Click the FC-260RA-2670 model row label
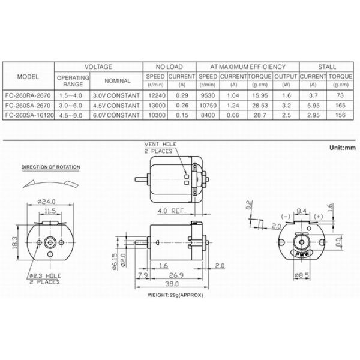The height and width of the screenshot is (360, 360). pos(28,95)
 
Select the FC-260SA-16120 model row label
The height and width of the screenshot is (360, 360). pos(29,115)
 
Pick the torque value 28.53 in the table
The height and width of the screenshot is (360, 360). pos(260,105)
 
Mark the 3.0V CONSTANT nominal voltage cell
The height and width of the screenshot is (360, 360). pos(116,95)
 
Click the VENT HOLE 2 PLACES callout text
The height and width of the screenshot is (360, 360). pos(160,147)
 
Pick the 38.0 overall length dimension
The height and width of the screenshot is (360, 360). pos(172,284)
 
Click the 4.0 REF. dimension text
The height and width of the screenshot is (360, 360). pos(170,211)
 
